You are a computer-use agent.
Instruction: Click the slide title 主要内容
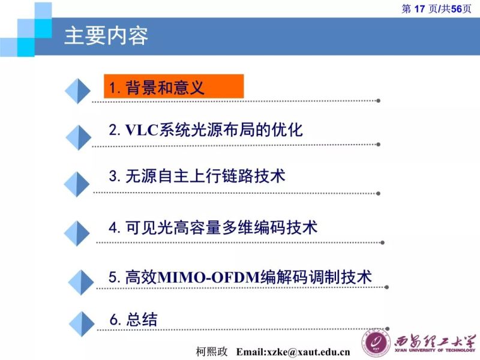106,36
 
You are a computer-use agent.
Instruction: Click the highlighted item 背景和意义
165,88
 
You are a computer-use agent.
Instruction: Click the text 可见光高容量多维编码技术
221,227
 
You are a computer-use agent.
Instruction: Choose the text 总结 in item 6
142,319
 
